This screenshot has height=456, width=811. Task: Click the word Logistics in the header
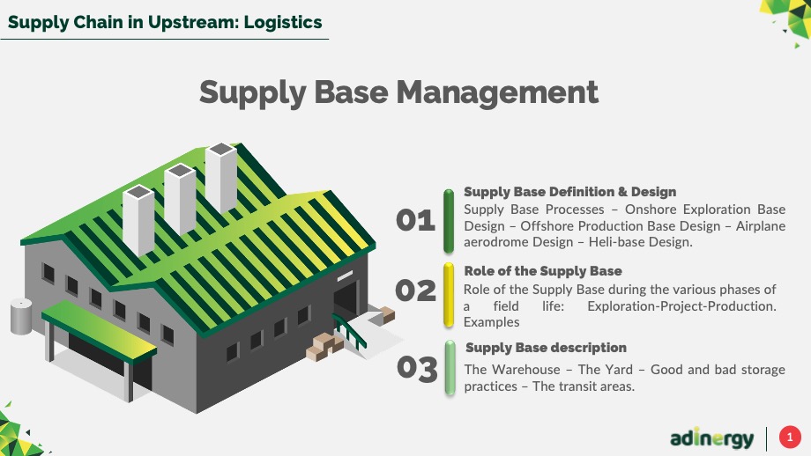(283, 22)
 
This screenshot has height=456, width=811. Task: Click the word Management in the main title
(497, 92)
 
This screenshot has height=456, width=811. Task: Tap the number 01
(415, 220)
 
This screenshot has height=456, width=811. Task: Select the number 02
(415, 291)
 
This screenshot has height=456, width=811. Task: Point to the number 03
(417, 368)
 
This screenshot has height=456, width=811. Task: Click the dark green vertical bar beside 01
(449, 221)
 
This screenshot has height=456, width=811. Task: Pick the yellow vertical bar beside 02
(449, 295)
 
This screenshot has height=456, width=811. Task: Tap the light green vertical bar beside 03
(450, 368)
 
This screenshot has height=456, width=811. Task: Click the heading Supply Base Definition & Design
(570, 192)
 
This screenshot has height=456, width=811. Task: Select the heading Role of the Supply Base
(543, 271)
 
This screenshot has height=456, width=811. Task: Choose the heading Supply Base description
(547, 348)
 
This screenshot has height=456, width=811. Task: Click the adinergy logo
(711, 438)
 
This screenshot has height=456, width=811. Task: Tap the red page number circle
(790, 438)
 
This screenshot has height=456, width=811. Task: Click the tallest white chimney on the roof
(221, 177)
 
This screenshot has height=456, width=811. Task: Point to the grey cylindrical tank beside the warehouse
(21, 316)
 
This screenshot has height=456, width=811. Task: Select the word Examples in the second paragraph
(491, 322)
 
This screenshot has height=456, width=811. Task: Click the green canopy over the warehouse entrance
(99, 331)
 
